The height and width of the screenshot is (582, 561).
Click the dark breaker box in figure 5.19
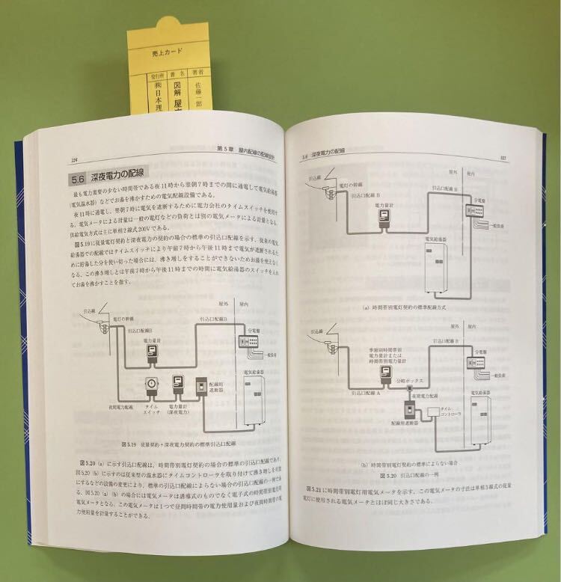click(x=202, y=389)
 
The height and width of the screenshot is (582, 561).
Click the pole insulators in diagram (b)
click(x=329, y=343)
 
